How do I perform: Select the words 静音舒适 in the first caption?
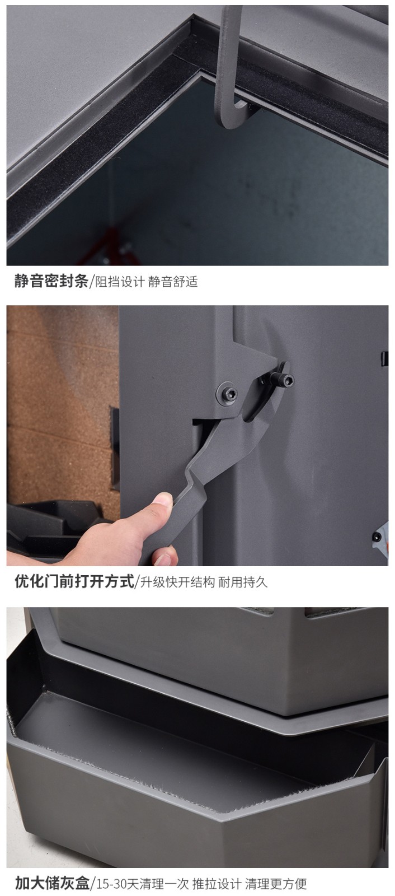coord(173,282)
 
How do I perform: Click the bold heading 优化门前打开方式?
coord(74,581)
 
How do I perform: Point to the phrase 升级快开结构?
coord(177,582)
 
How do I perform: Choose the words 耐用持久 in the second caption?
coord(242,582)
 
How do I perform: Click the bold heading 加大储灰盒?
coord(52,883)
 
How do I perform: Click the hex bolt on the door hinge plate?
coord(227,394)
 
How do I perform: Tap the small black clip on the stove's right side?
coord(384,358)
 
